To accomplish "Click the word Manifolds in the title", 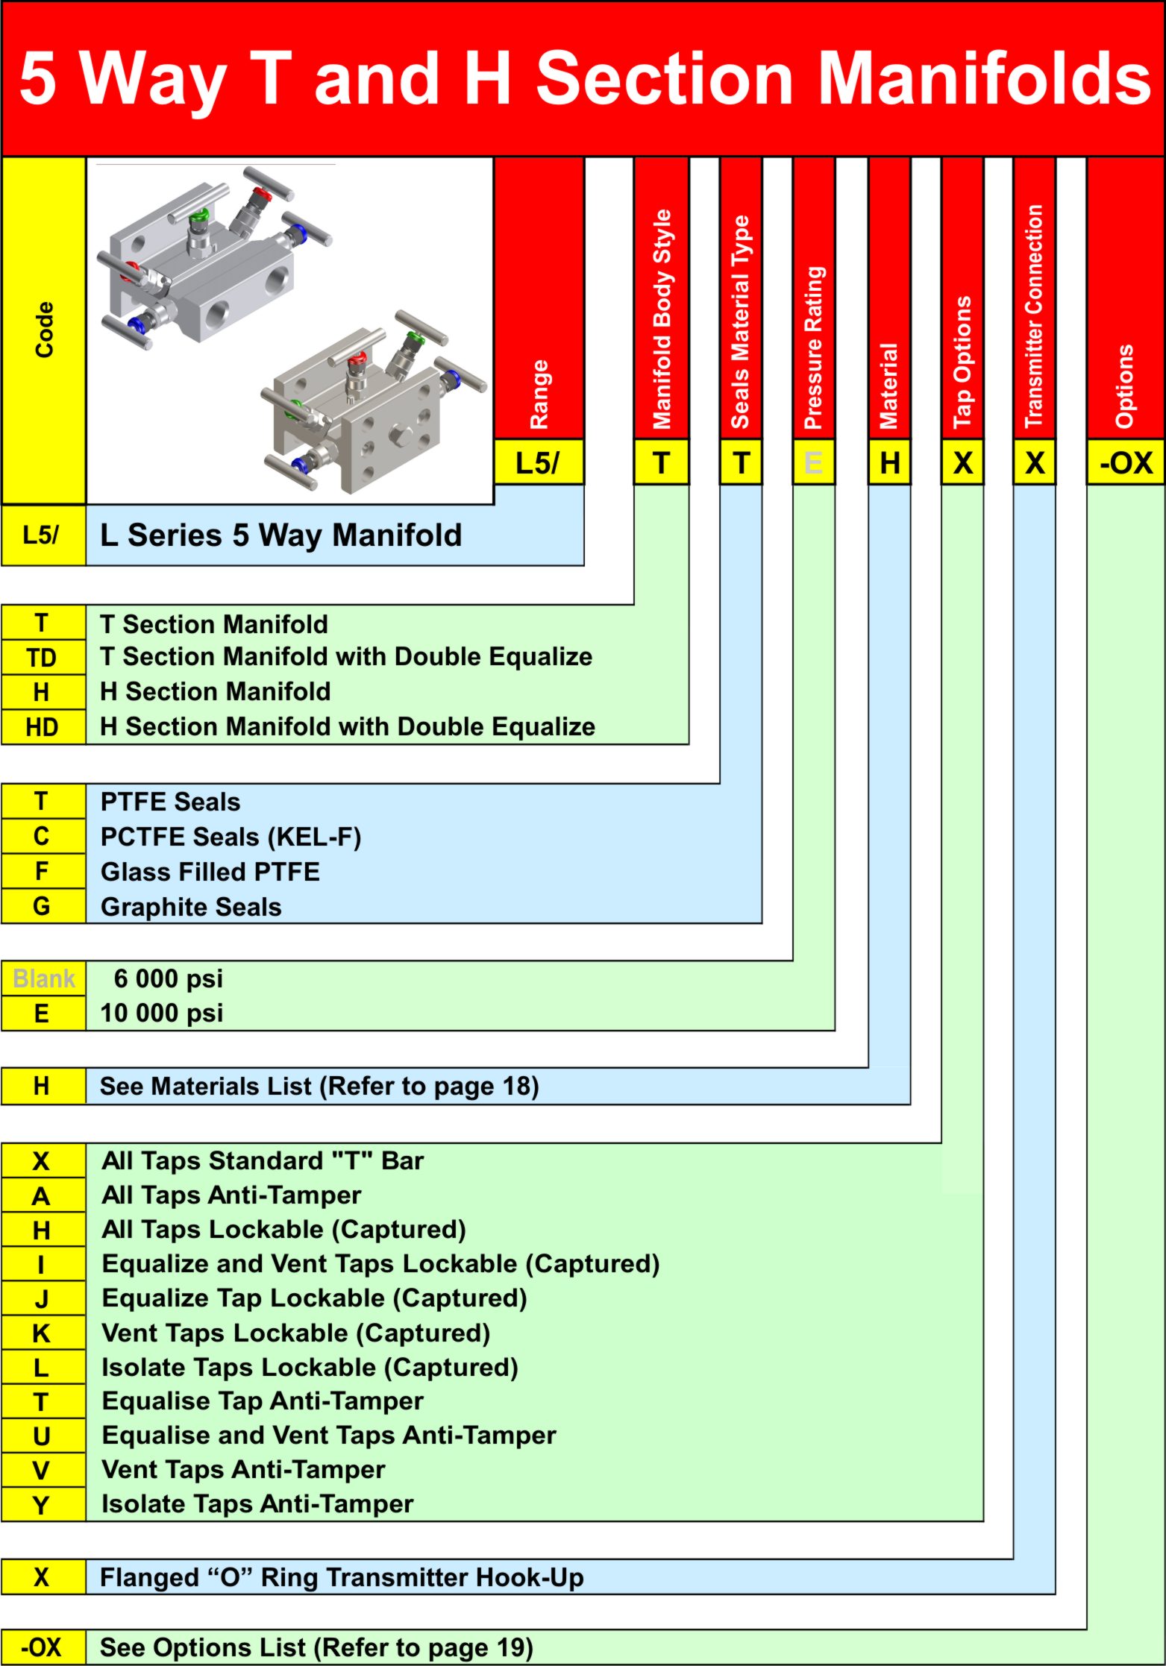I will pyautogui.click(x=985, y=78).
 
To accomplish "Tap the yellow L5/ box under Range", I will pyautogui.click(x=538, y=463).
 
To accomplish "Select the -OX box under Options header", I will pyautogui.click(x=1125, y=463).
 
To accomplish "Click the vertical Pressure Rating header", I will pyautogui.click(x=813, y=347).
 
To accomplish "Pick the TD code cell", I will pyautogui.click(x=42, y=658).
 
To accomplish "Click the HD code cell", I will pyautogui.click(x=42, y=727).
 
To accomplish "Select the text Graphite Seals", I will pyautogui.click(x=191, y=907).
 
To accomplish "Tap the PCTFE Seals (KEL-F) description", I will pyautogui.click(x=231, y=837).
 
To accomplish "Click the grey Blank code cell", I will pyautogui.click(x=43, y=978).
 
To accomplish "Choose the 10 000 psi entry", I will pyautogui.click(x=162, y=1013).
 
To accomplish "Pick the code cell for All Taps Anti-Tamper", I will pyautogui.click(x=42, y=1196).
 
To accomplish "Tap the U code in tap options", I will pyautogui.click(x=42, y=1436).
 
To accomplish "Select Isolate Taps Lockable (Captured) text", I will pyautogui.click(x=310, y=1367).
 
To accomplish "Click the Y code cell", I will pyautogui.click(x=42, y=1505).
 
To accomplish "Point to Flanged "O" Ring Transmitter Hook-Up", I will pyautogui.click(x=342, y=1577).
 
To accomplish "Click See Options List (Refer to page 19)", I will pyautogui.click(x=316, y=1647).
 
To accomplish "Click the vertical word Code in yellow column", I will pyautogui.click(x=45, y=329).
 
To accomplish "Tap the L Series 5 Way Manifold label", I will pyautogui.click(x=280, y=535).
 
